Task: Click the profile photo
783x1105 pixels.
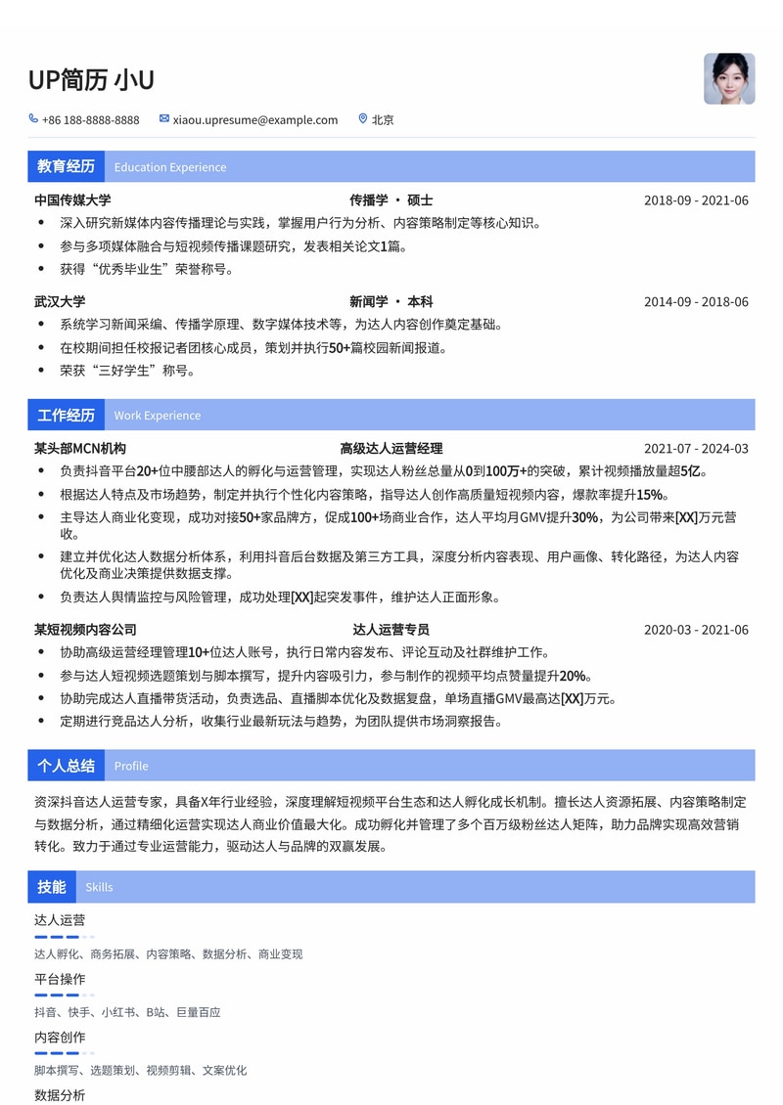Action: coord(729,78)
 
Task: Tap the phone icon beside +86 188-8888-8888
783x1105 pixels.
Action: coord(34,119)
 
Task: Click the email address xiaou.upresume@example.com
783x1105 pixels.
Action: coord(254,120)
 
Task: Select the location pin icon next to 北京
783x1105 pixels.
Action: coord(362,119)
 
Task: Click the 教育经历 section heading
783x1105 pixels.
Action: coord(66,166)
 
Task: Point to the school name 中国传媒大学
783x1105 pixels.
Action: coord(72,200)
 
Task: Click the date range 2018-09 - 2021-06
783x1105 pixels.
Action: coord(696,200)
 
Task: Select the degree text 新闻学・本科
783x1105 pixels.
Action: coord(391,302)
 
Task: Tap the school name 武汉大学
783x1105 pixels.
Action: coord(60,302)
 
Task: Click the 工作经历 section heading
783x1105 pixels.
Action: coord(66,415)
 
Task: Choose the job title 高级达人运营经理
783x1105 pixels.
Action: coord(391,449)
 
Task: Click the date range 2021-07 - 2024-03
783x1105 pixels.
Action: coord(696,449)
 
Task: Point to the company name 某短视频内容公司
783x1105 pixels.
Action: coord(85,630)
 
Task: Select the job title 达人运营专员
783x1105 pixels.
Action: coord(391,630)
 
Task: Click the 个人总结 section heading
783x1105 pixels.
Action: coord(66,766)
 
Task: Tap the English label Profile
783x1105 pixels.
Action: coord(131,767)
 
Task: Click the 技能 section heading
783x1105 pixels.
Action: coord(52,887)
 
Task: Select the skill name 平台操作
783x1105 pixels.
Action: coord(60,979)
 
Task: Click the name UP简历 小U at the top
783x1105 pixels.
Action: coord(91,80)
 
